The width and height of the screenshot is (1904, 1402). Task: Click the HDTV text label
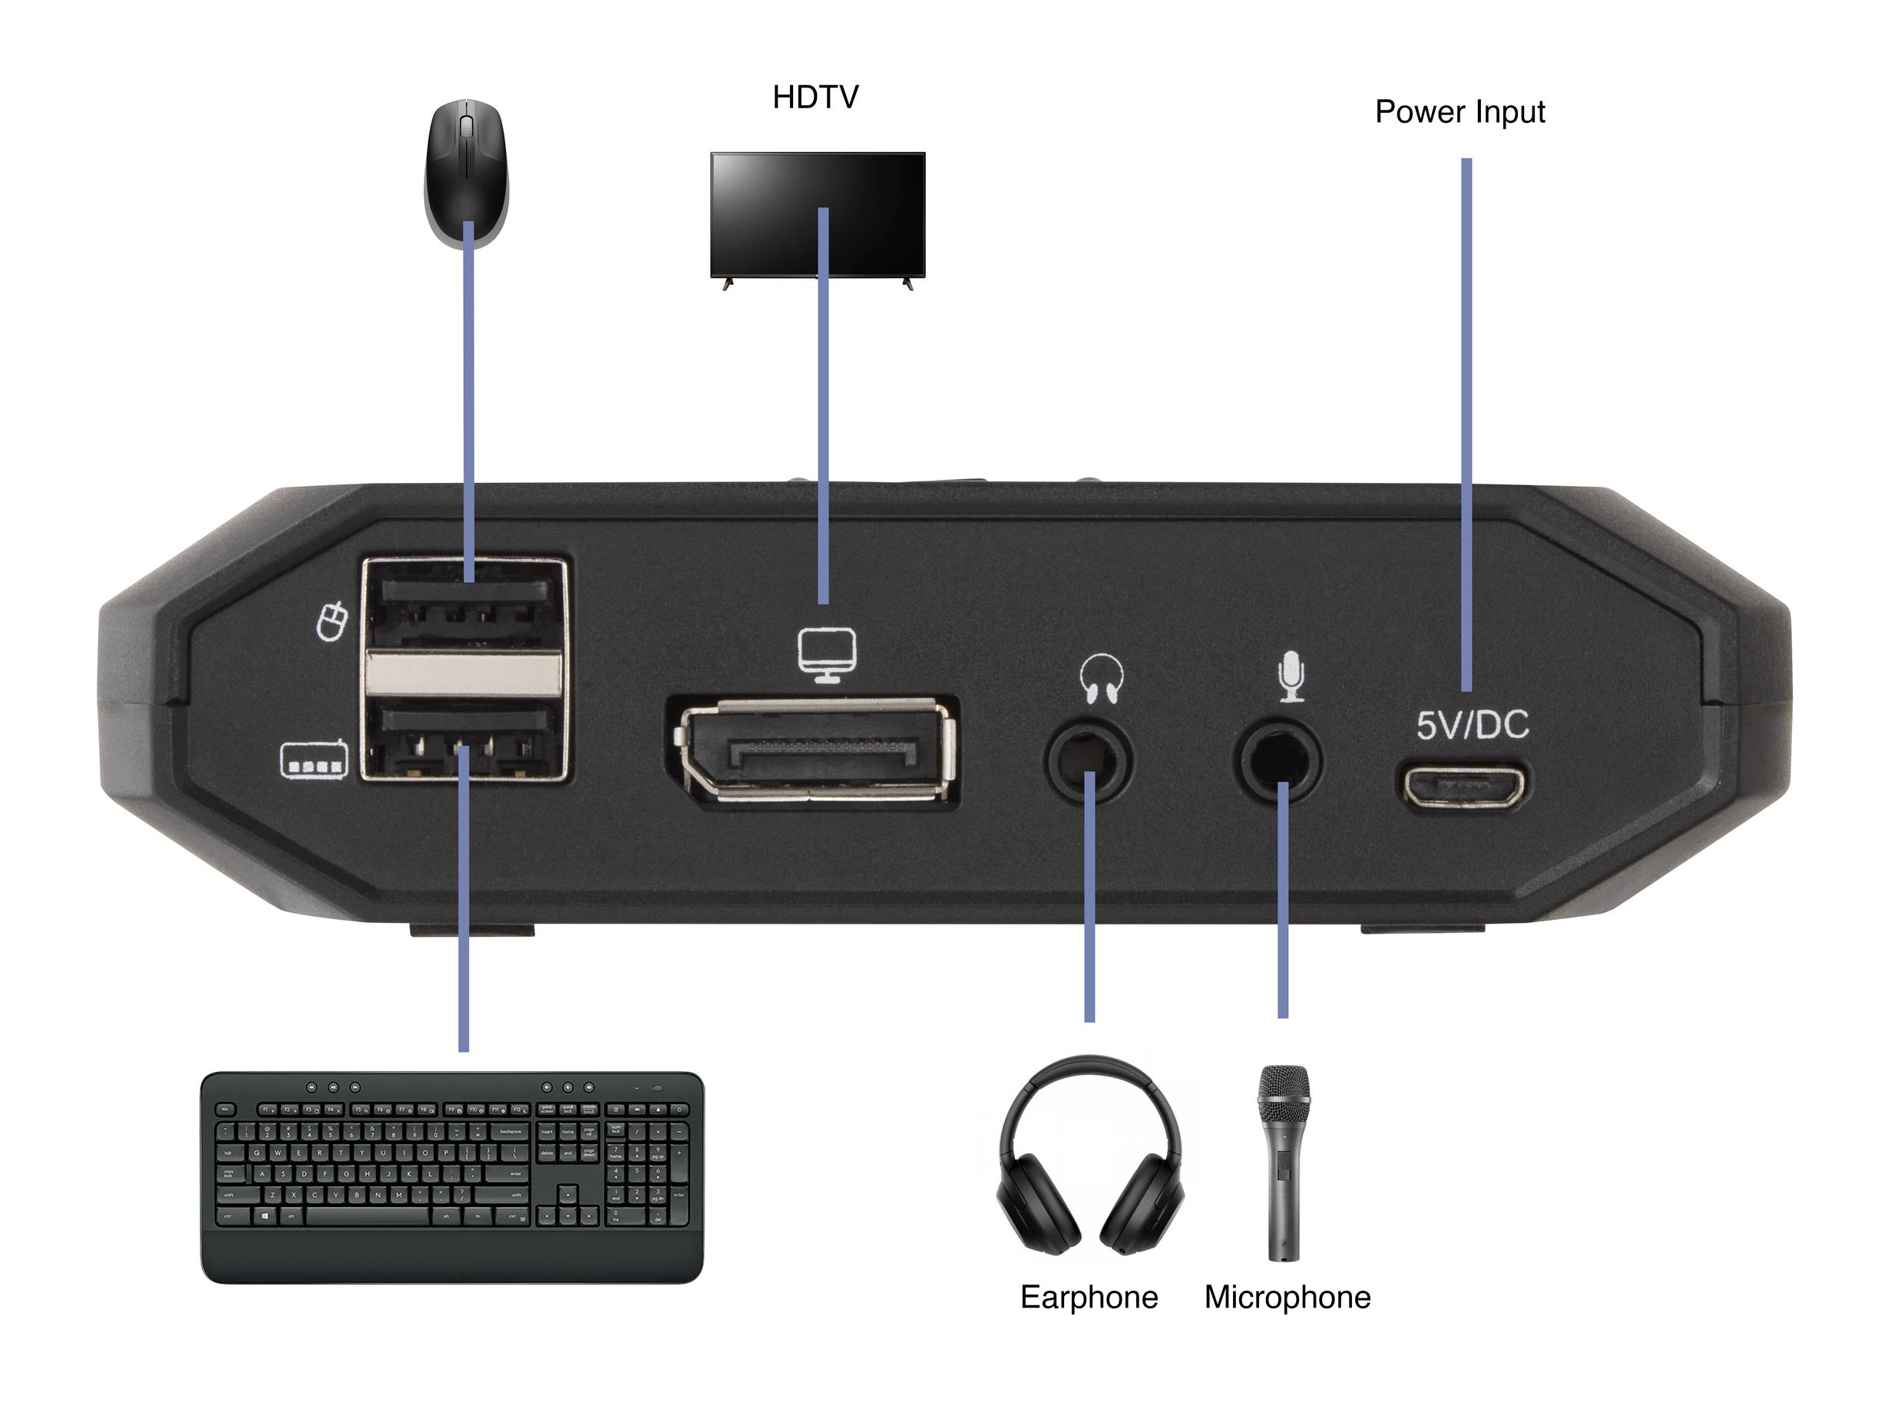[815, 98]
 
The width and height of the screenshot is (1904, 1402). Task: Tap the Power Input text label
[1459, 112]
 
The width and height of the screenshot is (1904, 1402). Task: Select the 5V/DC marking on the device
[1472, 725]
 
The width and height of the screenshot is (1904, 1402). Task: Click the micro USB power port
[1461, 788]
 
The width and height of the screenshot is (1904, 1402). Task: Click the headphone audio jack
[1089, 759]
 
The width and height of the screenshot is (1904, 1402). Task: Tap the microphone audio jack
[1278, 759]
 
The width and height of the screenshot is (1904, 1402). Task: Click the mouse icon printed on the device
[332, 621]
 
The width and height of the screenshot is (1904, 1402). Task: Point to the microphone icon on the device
[1291, 676]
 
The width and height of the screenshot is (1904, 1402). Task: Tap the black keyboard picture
[451, 1176]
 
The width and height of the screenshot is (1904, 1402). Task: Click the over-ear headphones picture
[1089, 1155]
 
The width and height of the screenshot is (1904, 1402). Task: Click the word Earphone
[1089, 1298]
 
